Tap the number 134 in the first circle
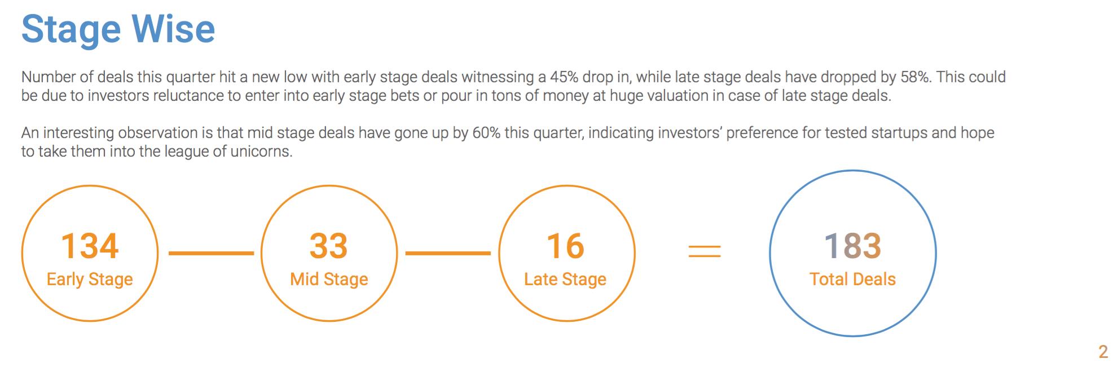click(90, 246)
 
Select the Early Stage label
click(90, 280)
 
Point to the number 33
click(329, 246)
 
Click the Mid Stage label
click(329, 280)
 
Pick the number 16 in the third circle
click(566, 246)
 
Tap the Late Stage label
click(565, 280)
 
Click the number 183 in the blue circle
click(852, 246)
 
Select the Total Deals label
click(852, 280)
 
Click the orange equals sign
click(705, 251)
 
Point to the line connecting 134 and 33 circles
click(212, 254)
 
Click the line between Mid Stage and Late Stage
click(448, 254)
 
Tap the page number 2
click(1103, 352)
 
